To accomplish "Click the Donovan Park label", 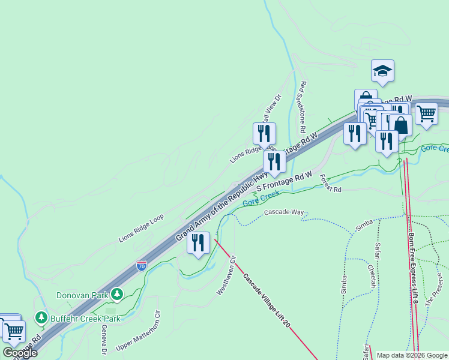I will tap(82, 295).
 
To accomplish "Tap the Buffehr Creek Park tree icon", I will tap(41, 316).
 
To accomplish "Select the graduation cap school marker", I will tap(382, 71).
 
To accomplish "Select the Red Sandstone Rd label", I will tap(303, 107).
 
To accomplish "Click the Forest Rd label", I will tap(330, 184).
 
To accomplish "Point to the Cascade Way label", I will tap(285, 212).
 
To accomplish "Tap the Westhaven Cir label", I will tap(227, 275).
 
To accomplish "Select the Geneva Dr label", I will tap(103, 338).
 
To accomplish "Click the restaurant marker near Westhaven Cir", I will tap(198, 243).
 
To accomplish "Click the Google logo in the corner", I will tap(19, 352).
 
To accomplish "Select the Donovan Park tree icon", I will tap(118, 294).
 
